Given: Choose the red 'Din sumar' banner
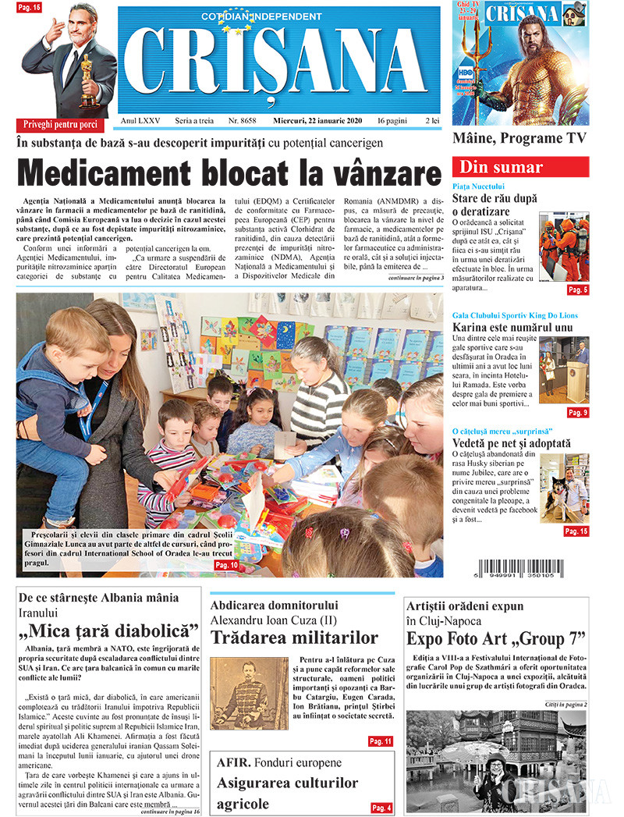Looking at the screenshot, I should pos(520,167).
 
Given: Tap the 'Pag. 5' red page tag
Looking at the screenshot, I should pos(578,290).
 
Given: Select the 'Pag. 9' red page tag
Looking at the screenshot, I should pos(578,413).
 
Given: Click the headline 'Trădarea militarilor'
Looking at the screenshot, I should pos(294,637).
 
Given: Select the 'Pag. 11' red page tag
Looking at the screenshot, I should pos(380,741).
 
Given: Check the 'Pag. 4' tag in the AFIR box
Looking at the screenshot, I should pos(381,808).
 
